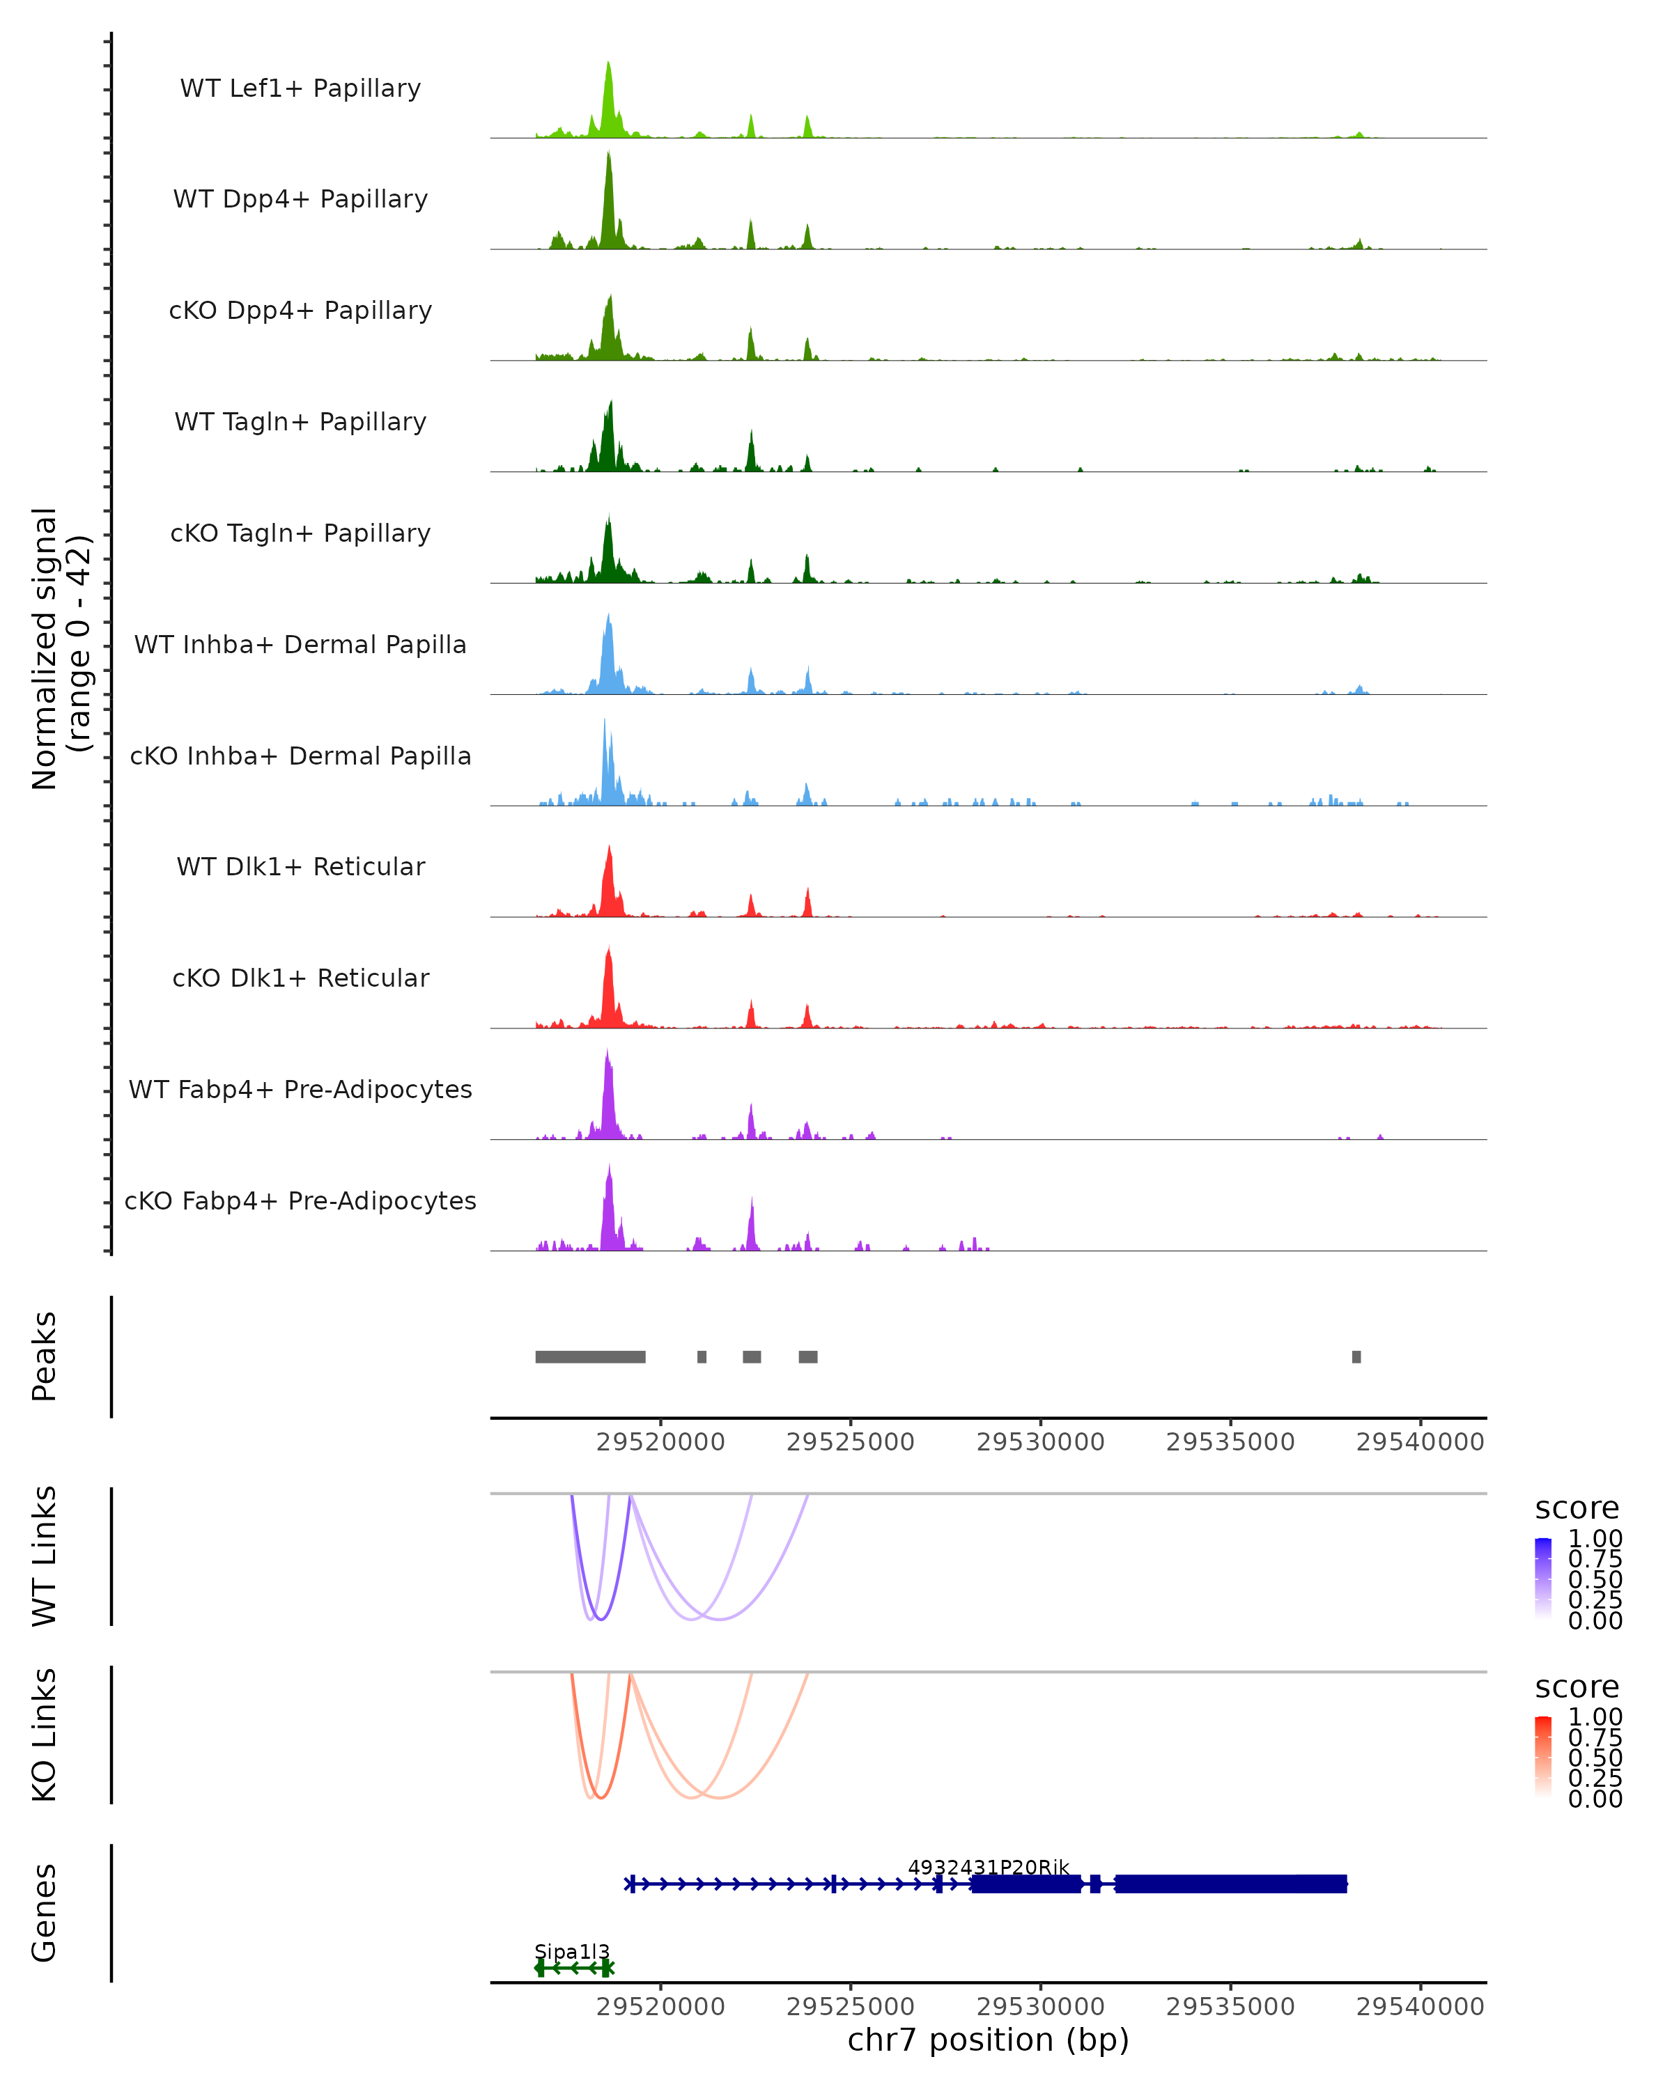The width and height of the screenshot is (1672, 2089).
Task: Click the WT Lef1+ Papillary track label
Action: pos(300,88)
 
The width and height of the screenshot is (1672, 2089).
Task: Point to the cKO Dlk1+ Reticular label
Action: pos(300,978)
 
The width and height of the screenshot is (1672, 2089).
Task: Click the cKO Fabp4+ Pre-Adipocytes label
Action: pos(300,1200)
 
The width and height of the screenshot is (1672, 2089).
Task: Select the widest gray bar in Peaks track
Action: pos(590,1356)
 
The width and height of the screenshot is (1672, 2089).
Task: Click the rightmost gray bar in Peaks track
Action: pos(1356,1356)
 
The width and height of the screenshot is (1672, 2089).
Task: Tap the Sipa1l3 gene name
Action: pos(572,1951)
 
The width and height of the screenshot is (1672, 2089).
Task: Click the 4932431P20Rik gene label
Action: pos(989,1867)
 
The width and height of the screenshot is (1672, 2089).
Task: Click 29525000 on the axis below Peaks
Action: pos(850,1442)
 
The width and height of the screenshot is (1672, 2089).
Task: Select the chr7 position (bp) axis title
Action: pos(988,2040)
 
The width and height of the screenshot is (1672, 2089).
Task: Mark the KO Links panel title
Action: pos(45,1735)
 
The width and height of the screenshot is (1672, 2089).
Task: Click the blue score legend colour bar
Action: pos(1543,1577)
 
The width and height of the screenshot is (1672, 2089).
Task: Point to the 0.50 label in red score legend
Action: pos(1595,1757)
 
